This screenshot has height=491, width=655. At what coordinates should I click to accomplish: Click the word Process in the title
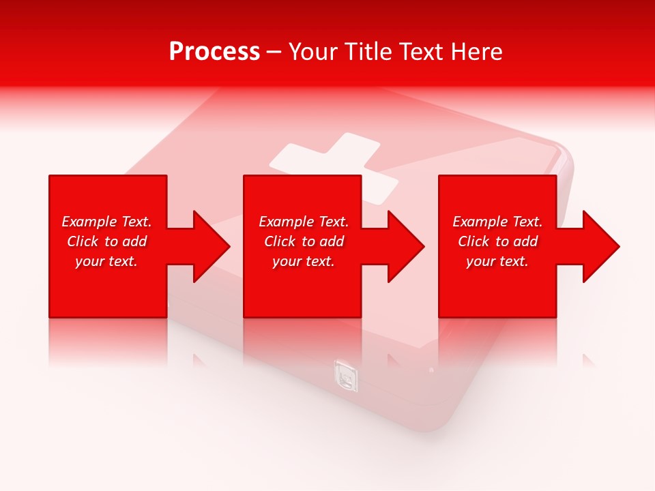(214, 52)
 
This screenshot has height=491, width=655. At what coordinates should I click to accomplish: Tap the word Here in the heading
(477, 52)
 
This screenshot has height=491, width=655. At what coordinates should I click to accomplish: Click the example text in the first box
(106, 241)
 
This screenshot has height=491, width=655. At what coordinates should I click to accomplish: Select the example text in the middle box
(304, 241)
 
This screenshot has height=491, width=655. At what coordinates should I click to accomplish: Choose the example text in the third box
(497, 241)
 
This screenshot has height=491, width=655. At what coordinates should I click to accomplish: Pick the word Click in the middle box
(279, 241)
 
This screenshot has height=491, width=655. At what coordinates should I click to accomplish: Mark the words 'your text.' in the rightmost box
(497, 261)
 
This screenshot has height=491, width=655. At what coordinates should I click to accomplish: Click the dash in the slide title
(274, 52)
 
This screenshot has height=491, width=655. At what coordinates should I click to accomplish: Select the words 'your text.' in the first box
(106, 261)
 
